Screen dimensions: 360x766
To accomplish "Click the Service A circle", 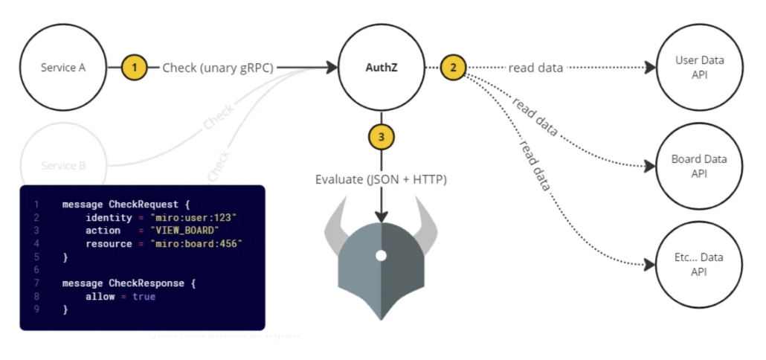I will pos(62,68).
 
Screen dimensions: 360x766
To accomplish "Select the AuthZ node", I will pos(381,68).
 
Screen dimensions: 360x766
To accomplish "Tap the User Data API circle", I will pos(698,68).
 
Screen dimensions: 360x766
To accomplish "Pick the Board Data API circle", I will pos(698,167).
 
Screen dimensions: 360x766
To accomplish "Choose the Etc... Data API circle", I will pos(698,265).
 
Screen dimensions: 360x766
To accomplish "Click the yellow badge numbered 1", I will pos(134,68).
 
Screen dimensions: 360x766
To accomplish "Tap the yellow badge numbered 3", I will pos(381,137).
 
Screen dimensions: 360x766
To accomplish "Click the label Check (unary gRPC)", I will pos(218,68).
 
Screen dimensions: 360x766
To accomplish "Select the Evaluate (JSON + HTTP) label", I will pos(381,179).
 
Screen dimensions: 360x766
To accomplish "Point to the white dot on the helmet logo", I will pos(381,255).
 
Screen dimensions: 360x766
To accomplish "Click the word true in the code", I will pos(144,297).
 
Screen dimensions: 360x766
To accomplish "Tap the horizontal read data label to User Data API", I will pos(535,68).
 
